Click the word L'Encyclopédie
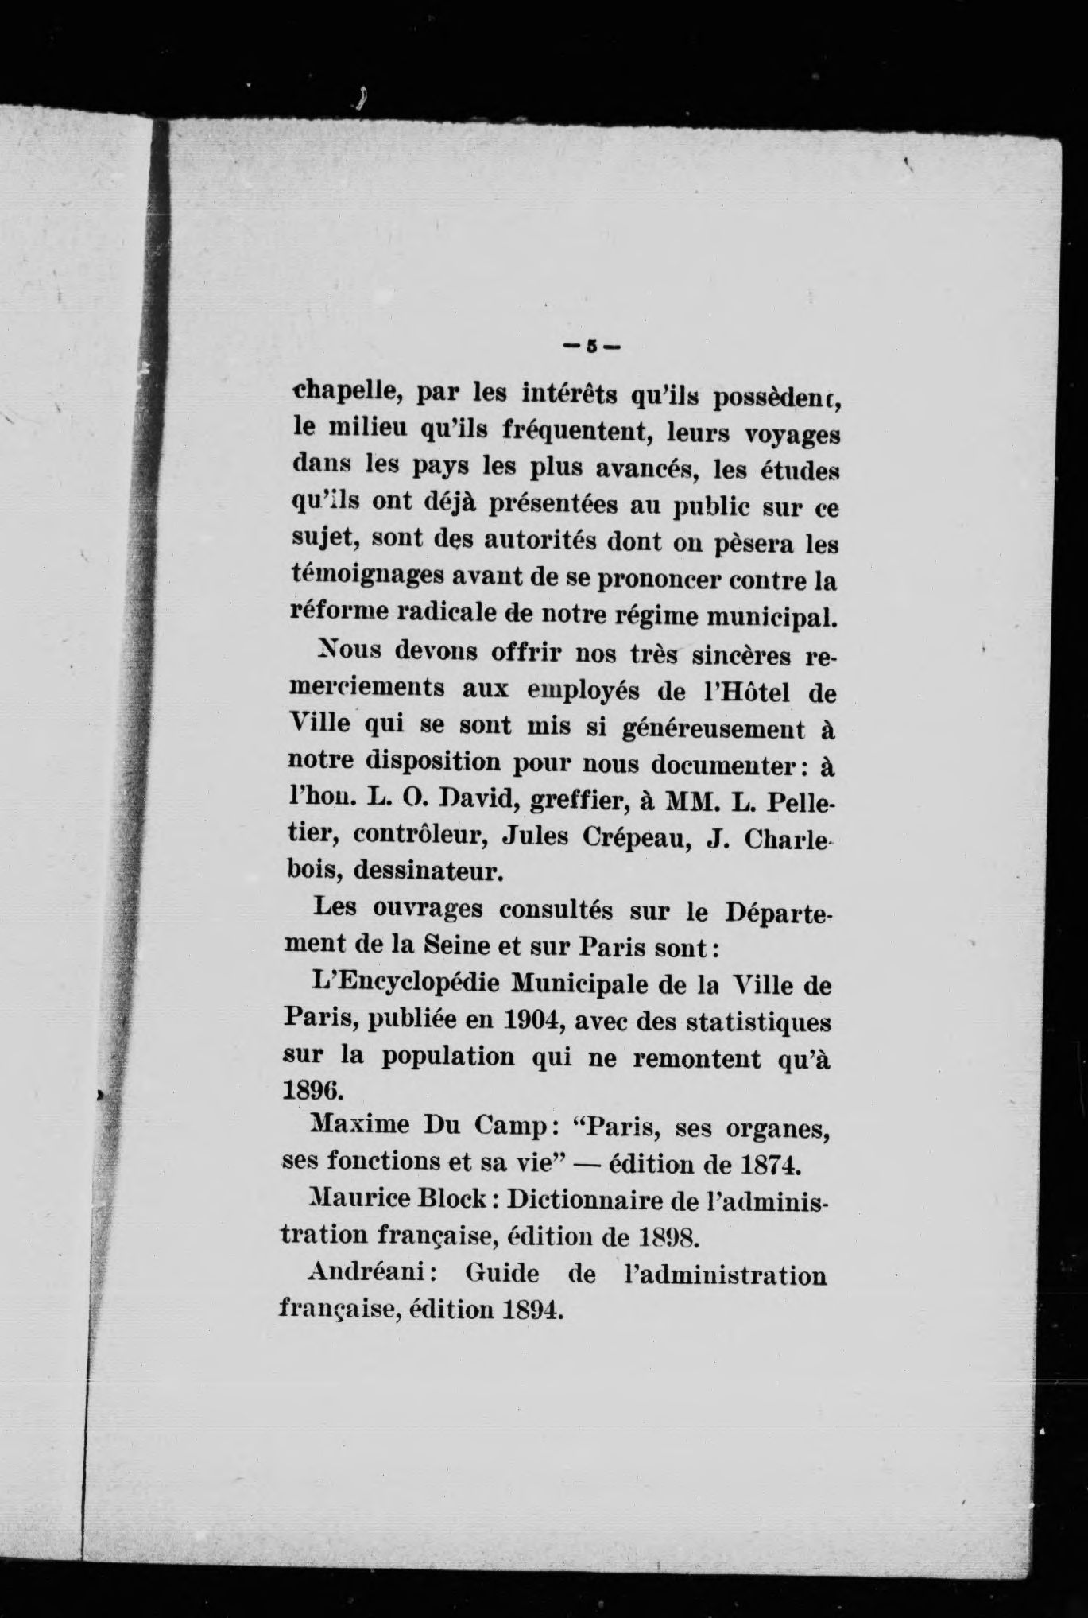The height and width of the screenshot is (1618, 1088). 407,987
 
